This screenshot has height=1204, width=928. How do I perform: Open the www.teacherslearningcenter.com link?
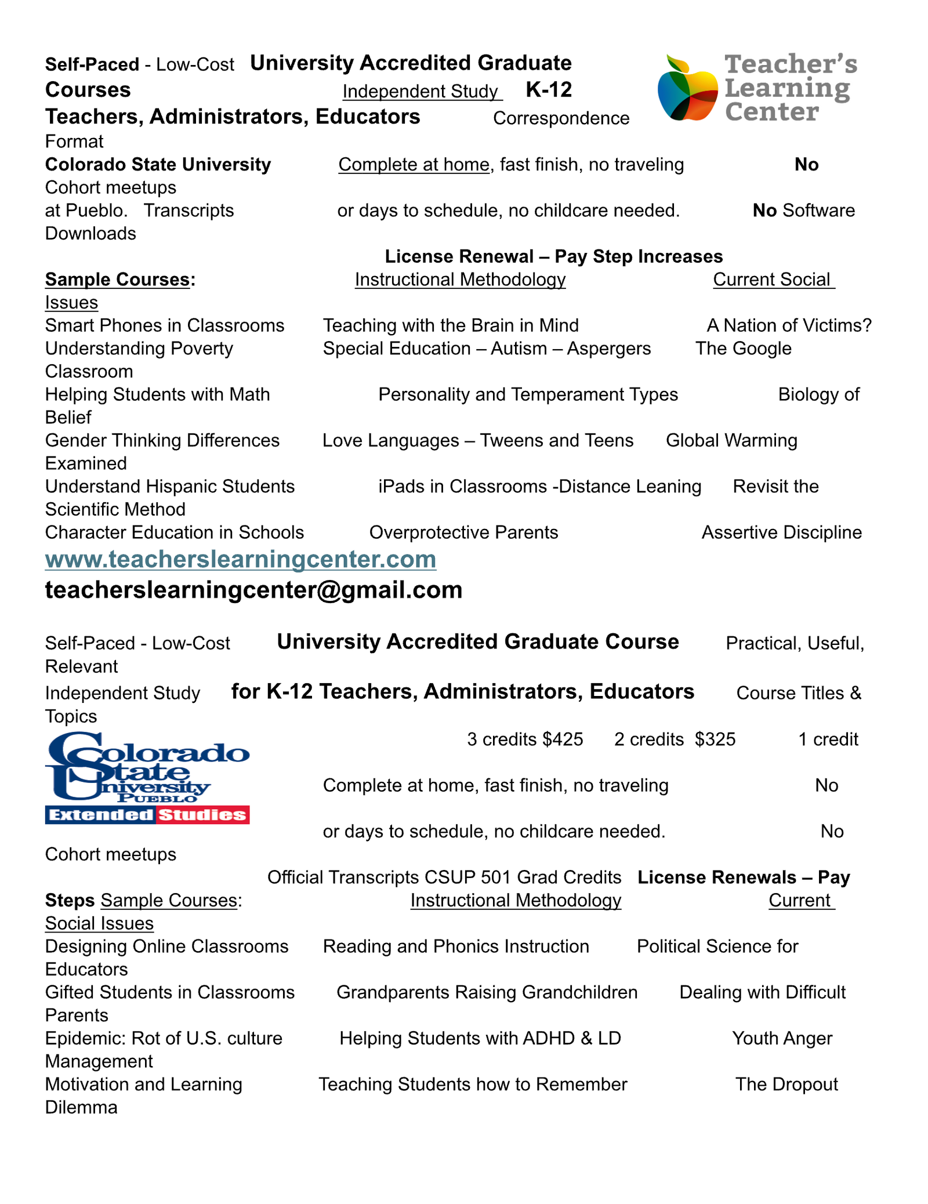click(x=241, y=560)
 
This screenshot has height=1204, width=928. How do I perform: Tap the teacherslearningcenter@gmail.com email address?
click(x=253, y=590)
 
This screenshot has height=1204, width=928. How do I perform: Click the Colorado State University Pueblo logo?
click(x=147, y=768)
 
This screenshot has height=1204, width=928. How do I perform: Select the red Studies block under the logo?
click(x=202, y=815)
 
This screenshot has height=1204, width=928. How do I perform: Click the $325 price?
click(x=715, y=739)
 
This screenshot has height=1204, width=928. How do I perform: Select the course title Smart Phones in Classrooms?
click(x=165, y=326)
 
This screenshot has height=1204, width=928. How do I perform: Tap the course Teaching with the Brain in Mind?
click(x=451, y=326)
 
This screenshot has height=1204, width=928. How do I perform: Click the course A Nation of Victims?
click(x=789, y=326)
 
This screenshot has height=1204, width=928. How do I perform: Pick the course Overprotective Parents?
click(x=463, y=533)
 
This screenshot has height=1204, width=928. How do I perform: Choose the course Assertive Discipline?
click(x=781, y=533)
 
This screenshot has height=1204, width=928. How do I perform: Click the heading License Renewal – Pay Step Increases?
click(x=553, y=257)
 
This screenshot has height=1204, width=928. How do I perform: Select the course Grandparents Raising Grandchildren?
click(x=487, y=993)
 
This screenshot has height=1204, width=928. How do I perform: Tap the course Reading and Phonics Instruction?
click(x=456, y=947)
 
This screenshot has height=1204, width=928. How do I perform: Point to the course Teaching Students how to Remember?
click(x=473, y=1085)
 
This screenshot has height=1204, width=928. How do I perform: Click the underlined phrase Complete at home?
click(x=414, y=165)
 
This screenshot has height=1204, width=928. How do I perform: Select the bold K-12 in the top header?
click(x=549, y=90)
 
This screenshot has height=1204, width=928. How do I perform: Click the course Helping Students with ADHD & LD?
click(x=480, y=1039)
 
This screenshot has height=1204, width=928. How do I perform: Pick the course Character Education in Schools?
click(x=175, y=533)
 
